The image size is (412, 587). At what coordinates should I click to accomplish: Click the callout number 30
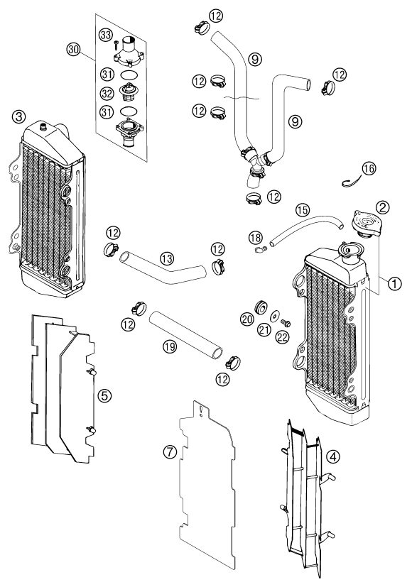[x=74, y=49]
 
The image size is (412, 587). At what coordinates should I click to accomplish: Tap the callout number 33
[x=106, y=35]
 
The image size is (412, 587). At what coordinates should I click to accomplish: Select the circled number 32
[x=107, y=93]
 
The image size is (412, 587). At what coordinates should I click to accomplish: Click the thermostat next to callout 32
[x=128, y=92]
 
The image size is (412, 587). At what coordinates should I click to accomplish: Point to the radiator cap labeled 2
[x=367, y=224]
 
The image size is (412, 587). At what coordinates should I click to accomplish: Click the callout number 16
[x=369, y=168]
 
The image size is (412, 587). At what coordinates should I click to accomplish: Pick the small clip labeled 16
[x=351, y=183]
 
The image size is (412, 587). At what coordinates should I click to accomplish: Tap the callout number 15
[x=303, y=209]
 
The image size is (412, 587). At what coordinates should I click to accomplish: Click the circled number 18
[x=256, y=237]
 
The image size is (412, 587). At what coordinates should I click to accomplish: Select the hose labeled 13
[x=163, y=267]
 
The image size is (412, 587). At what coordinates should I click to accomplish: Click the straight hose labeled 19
[x=186, y=334]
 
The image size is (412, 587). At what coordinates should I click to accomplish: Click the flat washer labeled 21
[x=276, y=317]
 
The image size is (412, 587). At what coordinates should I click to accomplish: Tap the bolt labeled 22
[x=286, y=322]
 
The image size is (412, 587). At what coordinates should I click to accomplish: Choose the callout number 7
[x=170, y=452]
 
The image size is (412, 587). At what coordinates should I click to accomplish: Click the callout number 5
[x=104, y=395]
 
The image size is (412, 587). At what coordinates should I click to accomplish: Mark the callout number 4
[x=333, y=456]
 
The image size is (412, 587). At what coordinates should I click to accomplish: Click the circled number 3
[x=18, y=116]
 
